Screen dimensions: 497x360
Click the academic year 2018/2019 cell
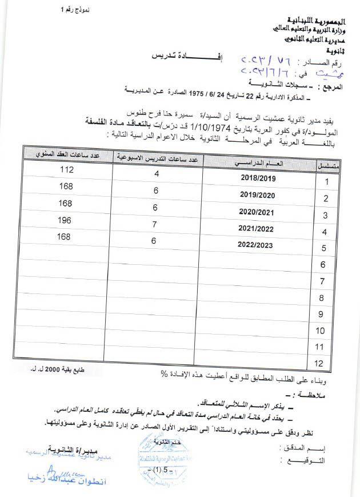(258, 178)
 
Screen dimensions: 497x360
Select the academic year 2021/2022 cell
(258, 228)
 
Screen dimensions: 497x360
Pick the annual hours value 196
(67, 220)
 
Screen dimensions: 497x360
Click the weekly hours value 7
(154, 225)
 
